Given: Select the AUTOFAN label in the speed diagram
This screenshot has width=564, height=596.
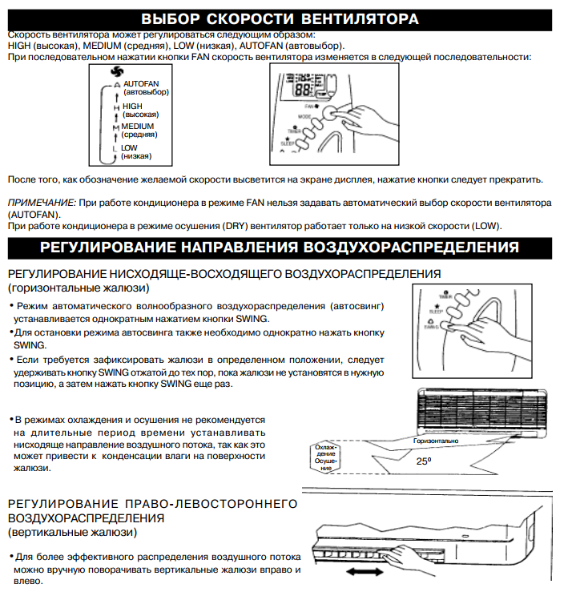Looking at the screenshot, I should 140,83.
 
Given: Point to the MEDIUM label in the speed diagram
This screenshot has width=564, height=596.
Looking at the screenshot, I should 137,126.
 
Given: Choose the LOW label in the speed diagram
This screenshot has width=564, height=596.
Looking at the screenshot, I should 129,147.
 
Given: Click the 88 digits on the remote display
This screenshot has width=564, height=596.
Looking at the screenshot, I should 302,88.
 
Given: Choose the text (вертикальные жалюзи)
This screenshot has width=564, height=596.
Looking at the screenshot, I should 72,531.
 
